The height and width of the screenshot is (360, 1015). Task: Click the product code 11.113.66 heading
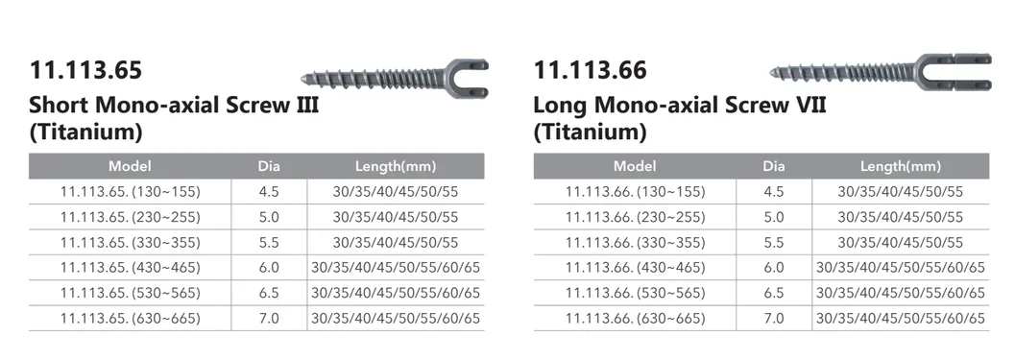590,71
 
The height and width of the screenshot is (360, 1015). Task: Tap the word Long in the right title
562,103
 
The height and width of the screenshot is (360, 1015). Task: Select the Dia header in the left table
269,166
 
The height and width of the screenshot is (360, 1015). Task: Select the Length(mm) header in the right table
900,166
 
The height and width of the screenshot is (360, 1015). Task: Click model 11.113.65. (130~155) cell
131,191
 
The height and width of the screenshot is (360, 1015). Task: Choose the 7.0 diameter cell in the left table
269,318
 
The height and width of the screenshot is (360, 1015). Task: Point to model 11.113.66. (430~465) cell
635,267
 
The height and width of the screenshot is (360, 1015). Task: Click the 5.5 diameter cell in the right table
773,242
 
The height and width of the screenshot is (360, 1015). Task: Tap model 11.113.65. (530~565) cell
131,292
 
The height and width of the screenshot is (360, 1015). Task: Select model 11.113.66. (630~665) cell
635,318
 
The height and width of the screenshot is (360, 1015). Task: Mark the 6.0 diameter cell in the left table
269,267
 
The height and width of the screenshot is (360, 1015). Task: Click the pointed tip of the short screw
303,77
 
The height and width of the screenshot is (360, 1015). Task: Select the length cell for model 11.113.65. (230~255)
396,217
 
